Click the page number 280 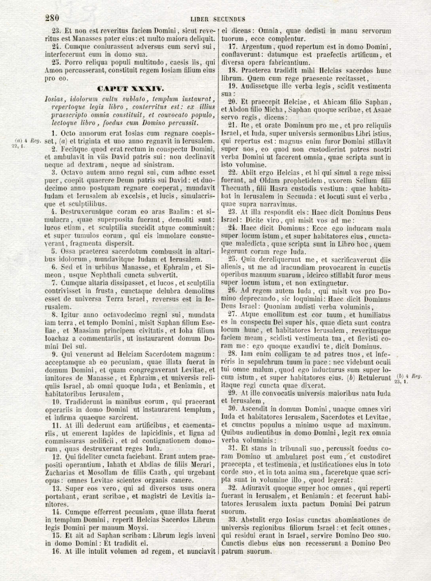click(x=52, y=18)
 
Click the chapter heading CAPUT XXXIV click(x=130, y=89)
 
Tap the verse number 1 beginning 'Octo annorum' click(x=54, y=133)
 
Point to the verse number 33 click(x=233, y=520)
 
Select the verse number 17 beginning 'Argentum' click(x=233, y=47)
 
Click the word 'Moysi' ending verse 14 click(x=139, y=528)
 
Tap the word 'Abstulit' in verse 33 click(x=254, y=520)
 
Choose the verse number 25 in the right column click(x=233, y=260)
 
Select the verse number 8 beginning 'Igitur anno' click(x=54, y=315)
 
